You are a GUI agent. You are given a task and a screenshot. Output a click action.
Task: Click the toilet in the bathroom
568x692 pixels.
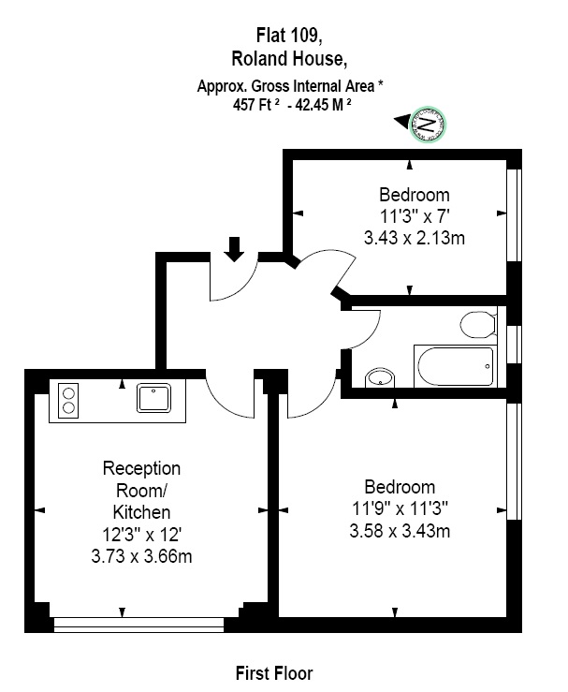(x=478, y=324)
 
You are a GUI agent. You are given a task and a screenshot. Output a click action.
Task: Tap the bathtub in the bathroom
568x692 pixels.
(x=456, y=366)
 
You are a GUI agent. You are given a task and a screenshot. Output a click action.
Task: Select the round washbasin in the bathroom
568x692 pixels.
(x=380, y=377)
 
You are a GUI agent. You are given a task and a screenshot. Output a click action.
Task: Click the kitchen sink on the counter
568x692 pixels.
(x=153, y=398)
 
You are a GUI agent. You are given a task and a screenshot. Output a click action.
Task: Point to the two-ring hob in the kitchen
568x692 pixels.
(x=68, y=400)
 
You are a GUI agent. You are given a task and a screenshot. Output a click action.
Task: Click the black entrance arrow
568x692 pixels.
(x=234, y=249)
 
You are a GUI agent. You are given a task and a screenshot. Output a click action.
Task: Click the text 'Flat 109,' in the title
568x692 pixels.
(x=289, y=36)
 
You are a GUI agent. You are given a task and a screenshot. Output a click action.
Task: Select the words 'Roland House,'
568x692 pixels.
(x=289, y=59)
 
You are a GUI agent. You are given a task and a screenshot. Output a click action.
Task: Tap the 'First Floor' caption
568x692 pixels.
(x=274, y=673)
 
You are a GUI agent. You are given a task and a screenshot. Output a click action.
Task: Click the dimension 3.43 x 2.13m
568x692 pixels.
(x=415, y=238)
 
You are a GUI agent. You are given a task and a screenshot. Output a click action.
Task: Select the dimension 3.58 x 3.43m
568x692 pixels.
(x=400, y=531)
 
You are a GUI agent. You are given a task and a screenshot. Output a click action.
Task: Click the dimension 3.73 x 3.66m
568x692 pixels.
(x=141, y=556)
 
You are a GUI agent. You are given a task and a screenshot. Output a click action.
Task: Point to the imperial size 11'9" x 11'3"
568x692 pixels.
(x=400, y=508)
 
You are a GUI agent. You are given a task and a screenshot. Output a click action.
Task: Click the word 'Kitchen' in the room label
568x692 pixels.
(x=141, y=512)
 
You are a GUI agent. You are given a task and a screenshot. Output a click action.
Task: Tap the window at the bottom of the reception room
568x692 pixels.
(x=138, y=625)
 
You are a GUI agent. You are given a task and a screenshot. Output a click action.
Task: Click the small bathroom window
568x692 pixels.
(x=515, y=345)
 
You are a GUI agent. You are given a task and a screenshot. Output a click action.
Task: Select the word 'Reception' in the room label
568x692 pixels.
(x=141, y=469)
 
